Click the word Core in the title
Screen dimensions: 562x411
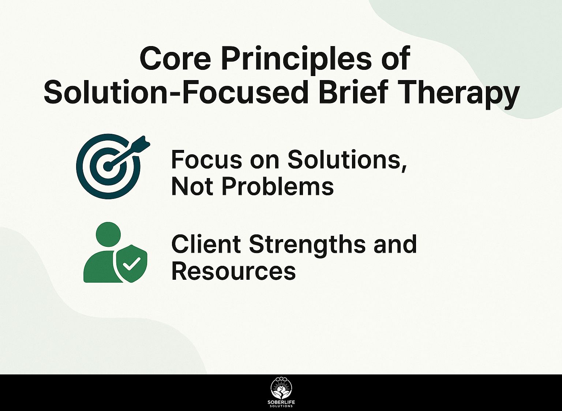click(x=175, y=59)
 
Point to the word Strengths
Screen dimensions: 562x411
click(x=307, y=246)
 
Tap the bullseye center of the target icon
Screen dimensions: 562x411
click(x=108, y=166)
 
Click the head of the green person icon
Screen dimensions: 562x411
click(x=108, y=234)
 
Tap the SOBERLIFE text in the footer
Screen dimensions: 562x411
click(x=281, y=402)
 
